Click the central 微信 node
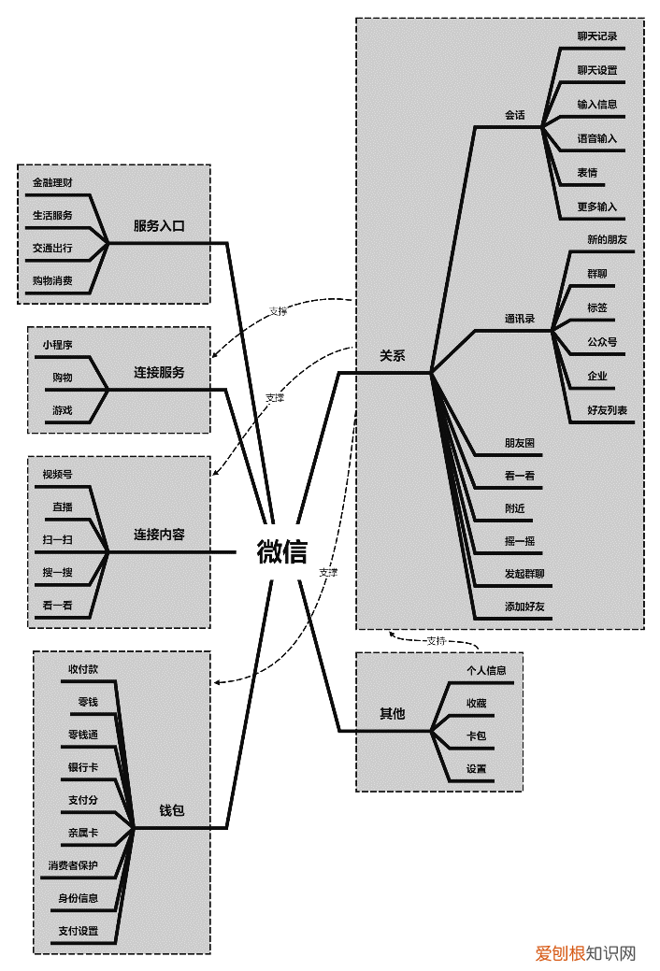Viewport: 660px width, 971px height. click(x=281, y=552)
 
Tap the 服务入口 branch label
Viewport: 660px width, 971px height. click(x=159, y=226)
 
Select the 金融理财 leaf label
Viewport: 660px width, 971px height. click(x=52, y=181)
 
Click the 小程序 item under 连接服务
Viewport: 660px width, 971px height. click(x=57, y=345)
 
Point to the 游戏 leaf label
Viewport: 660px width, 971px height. click(x=62, y=410)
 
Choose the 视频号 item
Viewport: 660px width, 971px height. click(x=57, y=474)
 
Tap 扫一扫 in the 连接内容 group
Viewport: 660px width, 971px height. click(x=57, y=539)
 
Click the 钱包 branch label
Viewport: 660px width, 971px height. click(x=172, y=810)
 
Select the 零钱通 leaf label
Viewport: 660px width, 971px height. click(x=83, y=735)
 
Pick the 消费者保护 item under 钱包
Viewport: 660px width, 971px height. click(x=73, y=865)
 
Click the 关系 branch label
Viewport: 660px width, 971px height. click(x=392, y=356)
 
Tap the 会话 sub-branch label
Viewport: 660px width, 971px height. click(x=515, y=116)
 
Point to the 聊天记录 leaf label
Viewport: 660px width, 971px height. click(x=597, y=36)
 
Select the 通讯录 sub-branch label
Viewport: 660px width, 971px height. click(x=520, y=319)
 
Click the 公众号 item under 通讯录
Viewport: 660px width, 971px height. click(x=602, y=342)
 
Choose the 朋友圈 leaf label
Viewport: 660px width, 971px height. click(x=520, y=442)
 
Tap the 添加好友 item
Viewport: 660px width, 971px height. click(x=524, y=607)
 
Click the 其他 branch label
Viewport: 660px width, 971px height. click(x=392, y=714)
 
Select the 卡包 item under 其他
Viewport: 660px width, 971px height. click(x=477, y=736)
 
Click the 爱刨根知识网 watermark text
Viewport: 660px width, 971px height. click(x=585, y=953)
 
